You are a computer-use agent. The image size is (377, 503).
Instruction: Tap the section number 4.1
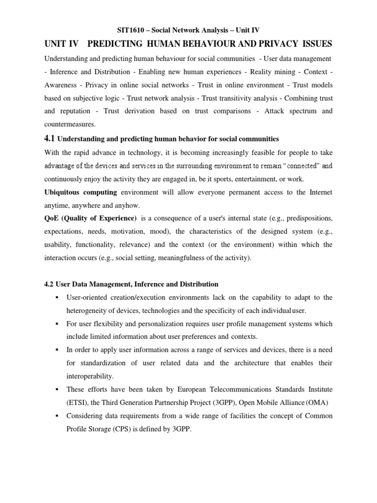(50, 139)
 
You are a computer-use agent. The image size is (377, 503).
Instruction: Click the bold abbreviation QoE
(52, 218)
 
